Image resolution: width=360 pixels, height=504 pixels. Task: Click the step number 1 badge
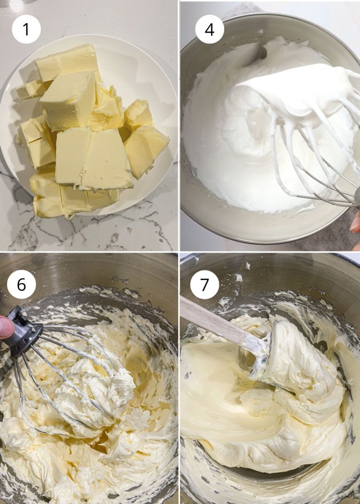[26, 29]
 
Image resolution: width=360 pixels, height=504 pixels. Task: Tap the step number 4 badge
[210, 29]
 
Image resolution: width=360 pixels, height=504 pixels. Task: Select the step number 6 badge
[22, 284]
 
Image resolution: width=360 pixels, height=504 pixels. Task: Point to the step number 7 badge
[205, 284]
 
